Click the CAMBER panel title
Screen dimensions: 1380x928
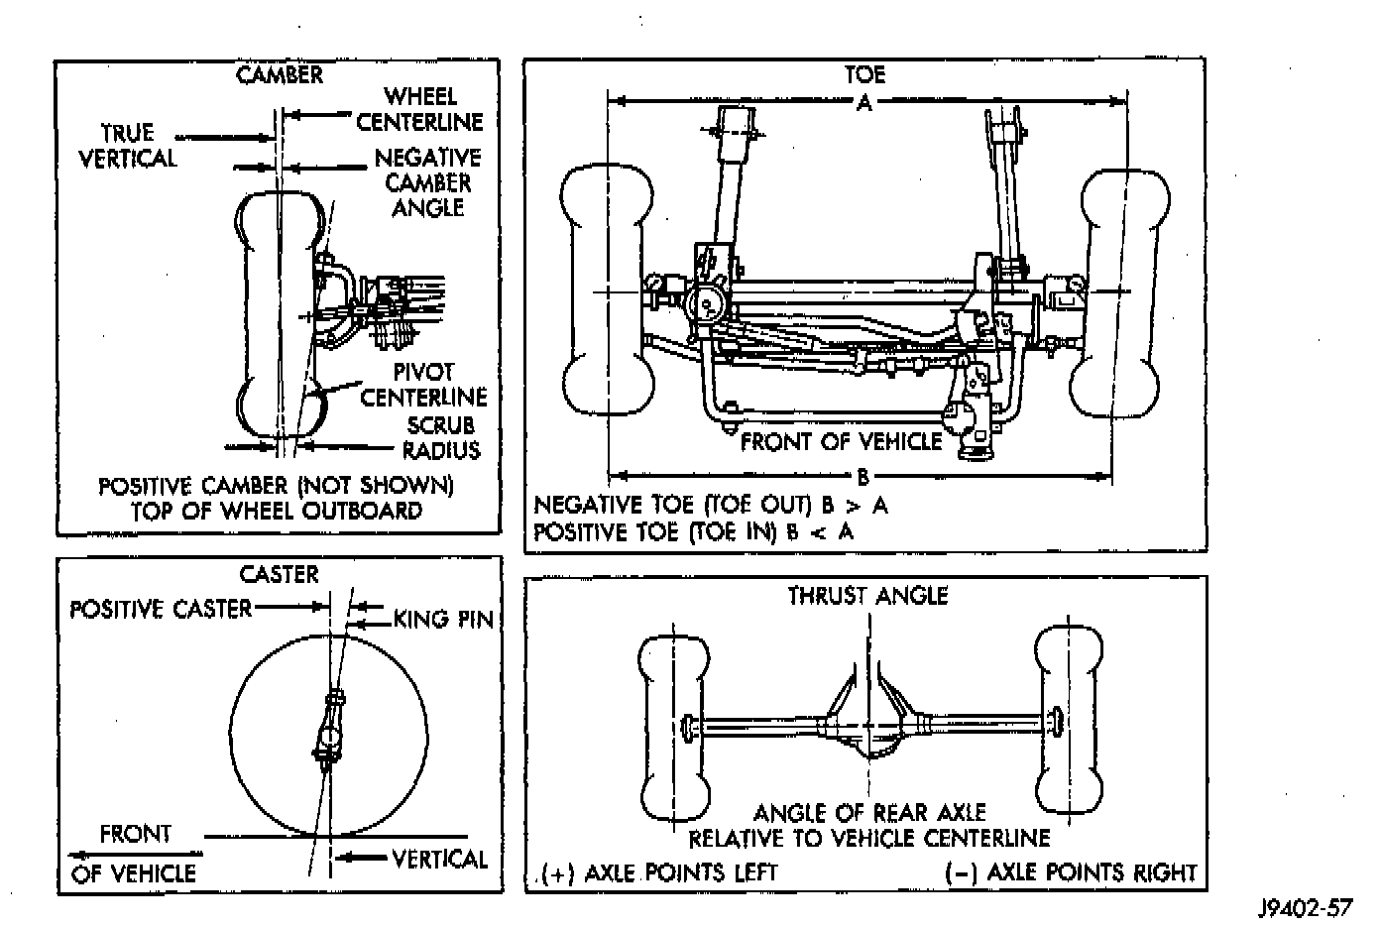(280, 75)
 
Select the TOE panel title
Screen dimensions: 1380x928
(864, 74)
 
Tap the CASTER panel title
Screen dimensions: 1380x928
(280, 574)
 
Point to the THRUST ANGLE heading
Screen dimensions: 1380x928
(867, 596)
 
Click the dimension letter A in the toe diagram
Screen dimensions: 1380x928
(864, 103)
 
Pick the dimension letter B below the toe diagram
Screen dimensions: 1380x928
(862, 476)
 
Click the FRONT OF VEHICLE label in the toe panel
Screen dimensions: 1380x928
(841, 441)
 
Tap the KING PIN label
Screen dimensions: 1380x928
(443, 619)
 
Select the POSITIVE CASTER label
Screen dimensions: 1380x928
(161, 609)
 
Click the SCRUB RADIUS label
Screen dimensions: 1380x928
(442, 437)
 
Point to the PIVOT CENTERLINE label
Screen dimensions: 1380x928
(424, 385)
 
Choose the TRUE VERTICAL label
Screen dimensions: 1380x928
(128, 146)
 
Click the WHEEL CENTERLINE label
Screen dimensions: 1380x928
(420, 109)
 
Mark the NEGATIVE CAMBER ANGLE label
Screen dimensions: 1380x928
(427, 182)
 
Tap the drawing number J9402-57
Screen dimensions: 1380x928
(1306, 907)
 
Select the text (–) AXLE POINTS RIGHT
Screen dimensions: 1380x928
(1071, 872)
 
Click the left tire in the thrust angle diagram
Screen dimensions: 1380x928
(674, 729)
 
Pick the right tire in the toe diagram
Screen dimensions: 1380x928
(1120, 293)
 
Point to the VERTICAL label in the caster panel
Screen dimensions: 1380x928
(440, 859)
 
